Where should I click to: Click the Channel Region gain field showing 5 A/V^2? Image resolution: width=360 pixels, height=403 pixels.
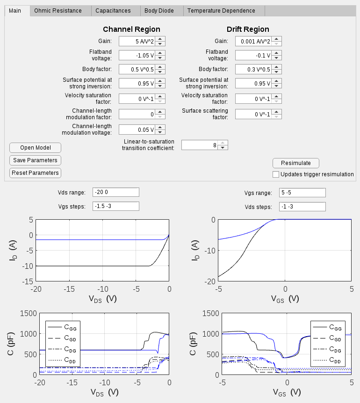[137, 41]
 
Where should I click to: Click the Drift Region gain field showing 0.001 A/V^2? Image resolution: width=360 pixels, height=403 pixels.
[253, 41]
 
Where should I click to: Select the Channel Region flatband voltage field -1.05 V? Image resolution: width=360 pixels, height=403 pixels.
[137, 55]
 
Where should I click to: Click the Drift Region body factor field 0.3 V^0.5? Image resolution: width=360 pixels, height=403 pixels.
[253, 69]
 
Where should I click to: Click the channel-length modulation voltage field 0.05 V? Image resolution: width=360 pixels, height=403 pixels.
[137, 130]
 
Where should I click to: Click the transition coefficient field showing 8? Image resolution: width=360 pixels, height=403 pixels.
[200, 145]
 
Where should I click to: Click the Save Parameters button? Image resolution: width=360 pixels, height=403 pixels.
[35, 160]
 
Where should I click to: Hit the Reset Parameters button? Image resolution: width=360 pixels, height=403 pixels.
[35, 173]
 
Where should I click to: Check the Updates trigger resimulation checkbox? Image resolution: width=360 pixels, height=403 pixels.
[276, 174]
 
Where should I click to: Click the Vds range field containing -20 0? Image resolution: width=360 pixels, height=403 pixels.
[116, 193]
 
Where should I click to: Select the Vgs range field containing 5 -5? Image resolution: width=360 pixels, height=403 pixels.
[302, 193]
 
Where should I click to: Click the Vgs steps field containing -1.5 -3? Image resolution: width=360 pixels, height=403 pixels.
[116, 206]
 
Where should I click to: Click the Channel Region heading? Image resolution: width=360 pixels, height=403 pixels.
[131, 29]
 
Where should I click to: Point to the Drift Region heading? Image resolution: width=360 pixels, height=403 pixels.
[248, 29]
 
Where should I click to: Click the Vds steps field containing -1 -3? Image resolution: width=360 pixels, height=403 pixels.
[302, 206]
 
